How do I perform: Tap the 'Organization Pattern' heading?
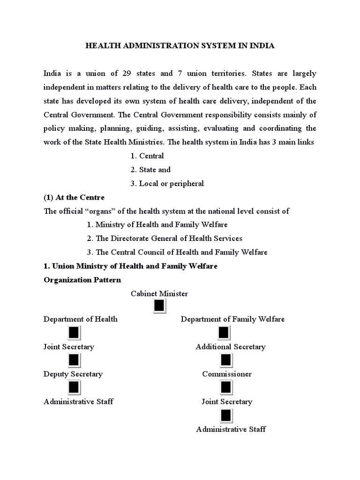pos(82,280)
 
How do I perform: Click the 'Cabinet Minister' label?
pos(159,293)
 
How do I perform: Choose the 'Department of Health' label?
pos(81,319)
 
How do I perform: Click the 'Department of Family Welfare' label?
pos(232,319)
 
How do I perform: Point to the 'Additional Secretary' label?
pos(231,347)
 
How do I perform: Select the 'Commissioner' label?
pos(227,374)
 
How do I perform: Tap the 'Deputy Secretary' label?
pos(73,374)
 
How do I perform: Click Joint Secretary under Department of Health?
pos(69,347)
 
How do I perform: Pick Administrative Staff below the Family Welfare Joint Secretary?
pos(231,429)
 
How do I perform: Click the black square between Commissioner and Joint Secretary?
pos(226,388)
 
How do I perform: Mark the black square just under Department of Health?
pos(74,333)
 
